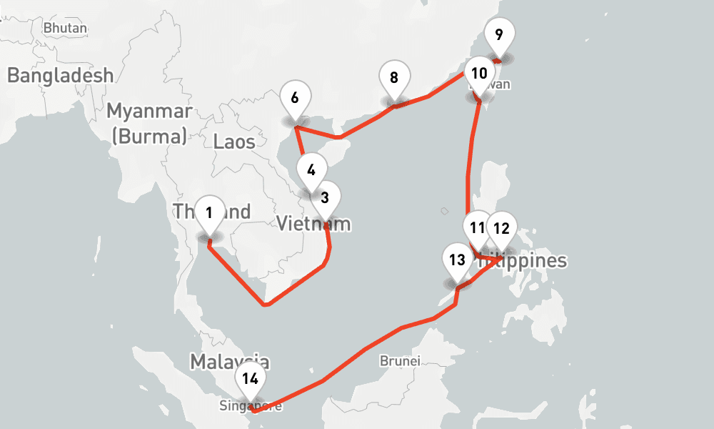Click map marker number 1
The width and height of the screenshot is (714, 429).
(209, 213)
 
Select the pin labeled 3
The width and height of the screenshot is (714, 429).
(325, 198)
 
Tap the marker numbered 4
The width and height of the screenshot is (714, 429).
(311, 171)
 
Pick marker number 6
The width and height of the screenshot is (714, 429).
(296, 96)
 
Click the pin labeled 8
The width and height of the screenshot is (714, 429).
(394, 77)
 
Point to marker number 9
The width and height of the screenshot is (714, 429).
(498, 34)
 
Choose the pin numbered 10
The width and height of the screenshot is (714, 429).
(479, 74)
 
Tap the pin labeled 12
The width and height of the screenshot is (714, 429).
(501, 229)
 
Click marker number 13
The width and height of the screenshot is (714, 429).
(458, 260)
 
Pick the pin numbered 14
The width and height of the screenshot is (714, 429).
(250, 379)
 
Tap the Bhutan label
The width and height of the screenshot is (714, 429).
(65, 28)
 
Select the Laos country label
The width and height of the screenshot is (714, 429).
(234, 142)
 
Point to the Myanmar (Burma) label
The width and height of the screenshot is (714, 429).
(149, 123)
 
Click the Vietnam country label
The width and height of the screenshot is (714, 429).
(314, 224)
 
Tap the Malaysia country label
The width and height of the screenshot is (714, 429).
(229, 361)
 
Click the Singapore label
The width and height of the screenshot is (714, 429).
(251, 406)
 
